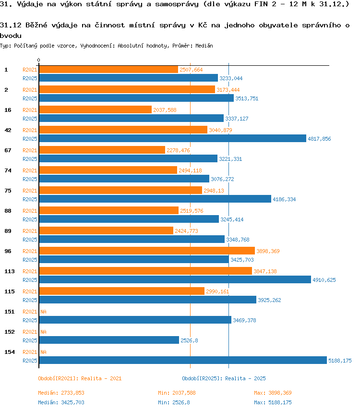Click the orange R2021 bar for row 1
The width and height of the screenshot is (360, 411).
[x=108, y=70]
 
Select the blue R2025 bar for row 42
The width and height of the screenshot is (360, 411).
[x=173, y=138]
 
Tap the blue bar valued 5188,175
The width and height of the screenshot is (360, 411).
[x=183, y=360]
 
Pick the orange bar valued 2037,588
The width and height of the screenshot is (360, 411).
[x=96, y=109]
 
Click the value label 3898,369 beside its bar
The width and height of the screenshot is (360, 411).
[x=268, y=251]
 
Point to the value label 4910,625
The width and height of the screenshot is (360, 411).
[x=324, y=280]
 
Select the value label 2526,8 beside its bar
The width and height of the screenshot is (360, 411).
[x=189, y=340]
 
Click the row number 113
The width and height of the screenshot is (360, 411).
[x=10, y=271]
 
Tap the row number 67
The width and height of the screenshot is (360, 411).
[x=8, y=150]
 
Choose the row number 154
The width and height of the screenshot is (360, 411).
[x=10, y=352]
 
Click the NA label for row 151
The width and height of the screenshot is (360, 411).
[x=43, y=312]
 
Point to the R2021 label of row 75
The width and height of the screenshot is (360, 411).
[x=30, y=191]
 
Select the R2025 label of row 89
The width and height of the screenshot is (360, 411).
[x=30, y=240]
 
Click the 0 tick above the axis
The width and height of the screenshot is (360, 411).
[x=39, y=60]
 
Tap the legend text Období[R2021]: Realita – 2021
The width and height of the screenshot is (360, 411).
[x=80, y=378]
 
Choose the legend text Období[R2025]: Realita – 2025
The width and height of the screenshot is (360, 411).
[x=224, y=378]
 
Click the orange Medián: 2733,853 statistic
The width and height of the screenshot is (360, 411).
[x=61, y=393]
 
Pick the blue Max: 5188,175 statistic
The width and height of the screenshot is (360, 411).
[x=273, y=402]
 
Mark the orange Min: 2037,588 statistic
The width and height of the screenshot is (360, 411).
[x=177, y=393]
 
